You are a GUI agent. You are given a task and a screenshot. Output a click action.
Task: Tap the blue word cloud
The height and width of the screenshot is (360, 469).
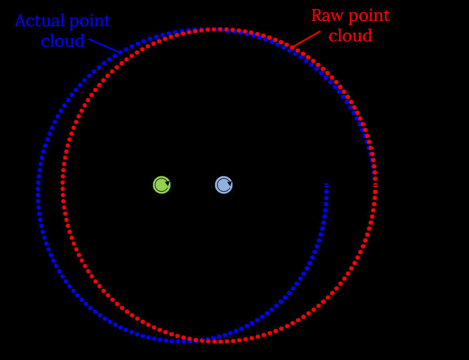coord(63,41)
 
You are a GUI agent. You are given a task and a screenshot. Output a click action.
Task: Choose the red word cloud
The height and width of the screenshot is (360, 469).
coord(350,36)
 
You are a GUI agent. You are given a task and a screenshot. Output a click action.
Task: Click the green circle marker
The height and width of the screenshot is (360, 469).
coord(162,185)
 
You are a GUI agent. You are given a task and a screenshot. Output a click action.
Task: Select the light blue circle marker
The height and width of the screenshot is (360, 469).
coord(223,185)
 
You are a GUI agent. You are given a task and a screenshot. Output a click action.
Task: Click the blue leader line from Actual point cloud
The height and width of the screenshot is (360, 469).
coord(103,45)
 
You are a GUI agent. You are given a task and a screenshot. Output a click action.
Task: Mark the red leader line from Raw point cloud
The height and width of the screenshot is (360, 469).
coord(307,38)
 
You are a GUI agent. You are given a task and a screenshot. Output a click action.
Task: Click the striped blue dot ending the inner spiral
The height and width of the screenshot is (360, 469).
coord(327,185)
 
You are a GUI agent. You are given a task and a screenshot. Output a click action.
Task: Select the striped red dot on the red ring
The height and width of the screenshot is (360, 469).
coord(375,185)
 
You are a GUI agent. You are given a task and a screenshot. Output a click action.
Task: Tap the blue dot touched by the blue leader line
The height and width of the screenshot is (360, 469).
coord(120,52)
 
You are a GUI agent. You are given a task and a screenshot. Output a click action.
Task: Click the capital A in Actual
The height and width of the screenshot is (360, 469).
coord(20,21)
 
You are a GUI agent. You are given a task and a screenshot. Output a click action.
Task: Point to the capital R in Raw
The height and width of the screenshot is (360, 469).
coord(317,15)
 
